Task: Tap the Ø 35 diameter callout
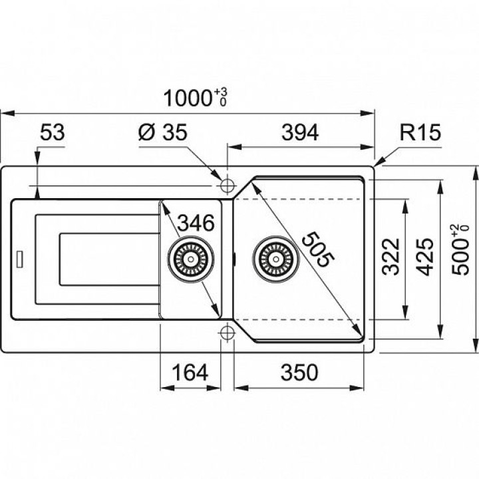point(163,134)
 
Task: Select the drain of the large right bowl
point(272,257)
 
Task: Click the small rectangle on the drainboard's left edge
point(20,259)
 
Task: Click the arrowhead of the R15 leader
point(378,163)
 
